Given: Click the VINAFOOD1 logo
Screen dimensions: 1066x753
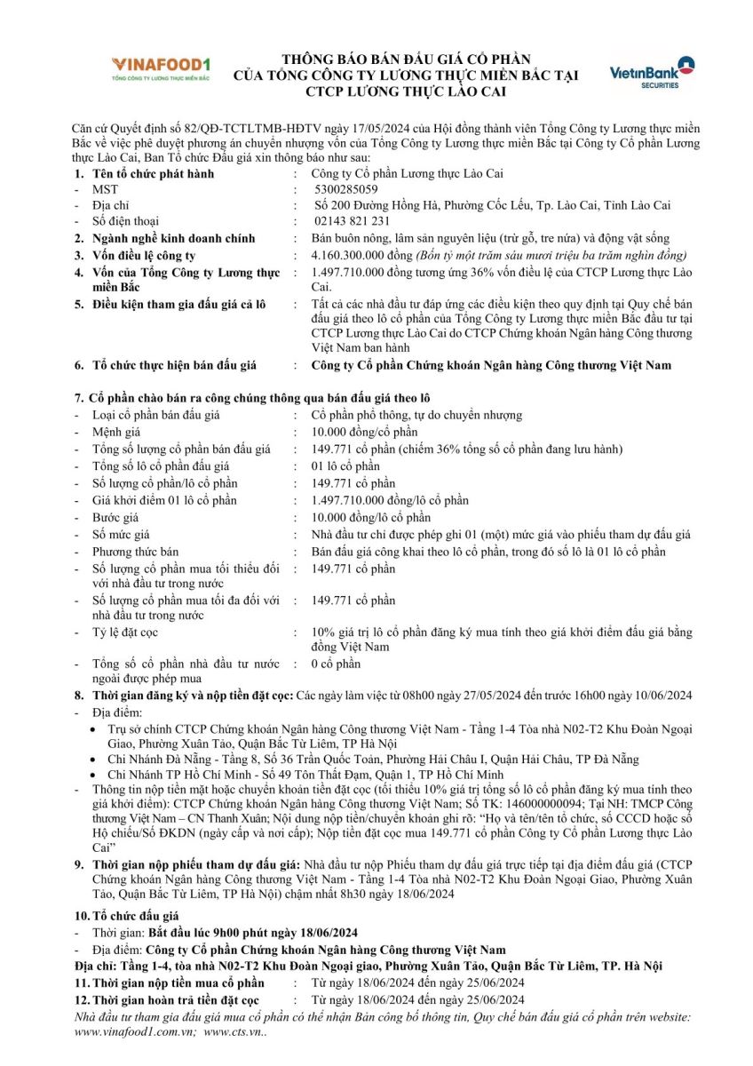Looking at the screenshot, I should pos(161,68).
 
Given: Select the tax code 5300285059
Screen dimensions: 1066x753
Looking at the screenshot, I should pos(345,189).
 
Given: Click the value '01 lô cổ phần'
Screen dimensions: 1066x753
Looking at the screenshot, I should pos(345,466).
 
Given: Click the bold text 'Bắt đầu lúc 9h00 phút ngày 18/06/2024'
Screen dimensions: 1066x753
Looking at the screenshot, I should pos(252,932).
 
